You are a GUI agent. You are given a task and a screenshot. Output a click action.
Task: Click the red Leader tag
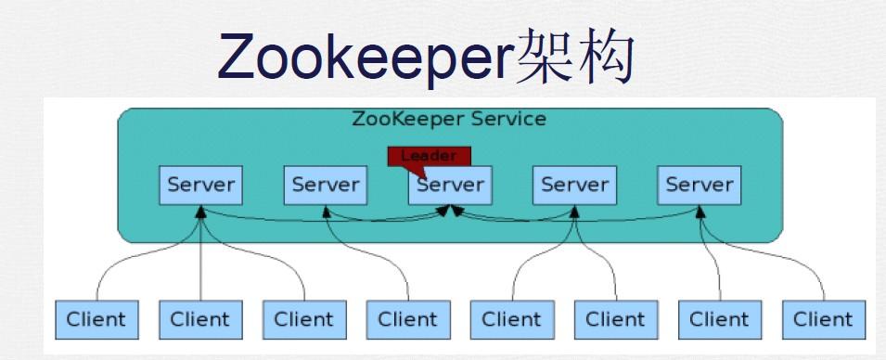[x=429, y=156]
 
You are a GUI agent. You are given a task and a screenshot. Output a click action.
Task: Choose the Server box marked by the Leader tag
[x=450, y=185]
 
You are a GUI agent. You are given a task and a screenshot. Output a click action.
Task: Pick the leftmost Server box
[x=201, y=185]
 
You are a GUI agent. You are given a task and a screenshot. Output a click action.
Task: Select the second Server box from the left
[x=326, y=185]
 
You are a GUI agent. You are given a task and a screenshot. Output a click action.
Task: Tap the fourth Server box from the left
[x=574, y=185]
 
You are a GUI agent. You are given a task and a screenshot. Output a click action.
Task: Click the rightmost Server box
[x=699, y=185]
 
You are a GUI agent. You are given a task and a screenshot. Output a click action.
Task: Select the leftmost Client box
[x=96, y=320]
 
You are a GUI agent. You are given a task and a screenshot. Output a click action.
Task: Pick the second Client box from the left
[x=199, y=320]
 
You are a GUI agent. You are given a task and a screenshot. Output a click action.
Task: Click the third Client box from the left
[x=303, y=320]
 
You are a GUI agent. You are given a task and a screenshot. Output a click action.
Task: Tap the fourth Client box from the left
[x=407, y=320]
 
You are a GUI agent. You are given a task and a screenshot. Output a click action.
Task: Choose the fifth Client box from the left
[x=511, y=320]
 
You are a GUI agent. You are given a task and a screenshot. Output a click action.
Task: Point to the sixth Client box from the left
[x=615, y=320]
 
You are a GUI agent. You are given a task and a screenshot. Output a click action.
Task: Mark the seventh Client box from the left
[x=719, y=320]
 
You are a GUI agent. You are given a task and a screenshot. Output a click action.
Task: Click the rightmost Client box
[x=823, y=320]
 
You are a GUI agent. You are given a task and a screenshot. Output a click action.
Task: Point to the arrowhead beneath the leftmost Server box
[x=200, y=212]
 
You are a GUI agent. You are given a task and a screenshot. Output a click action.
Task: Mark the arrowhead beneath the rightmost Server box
[x=700, y=212]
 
